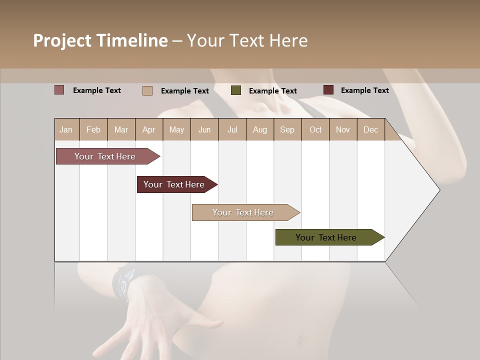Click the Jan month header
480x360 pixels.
point(66,129)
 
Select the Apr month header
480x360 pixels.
point(149,129)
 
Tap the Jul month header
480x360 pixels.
point(232,129)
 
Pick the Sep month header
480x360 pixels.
point(287,129)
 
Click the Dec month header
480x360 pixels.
point(370,129)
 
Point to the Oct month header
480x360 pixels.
point(315,129)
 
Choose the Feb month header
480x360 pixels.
point(93,129)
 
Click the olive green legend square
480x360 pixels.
point(236,90)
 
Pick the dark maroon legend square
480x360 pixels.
point(328,90)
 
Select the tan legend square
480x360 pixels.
point(147,90)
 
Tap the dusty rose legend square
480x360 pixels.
point(59,90)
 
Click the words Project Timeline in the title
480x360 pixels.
point(100,40)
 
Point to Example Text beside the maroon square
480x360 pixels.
point(364,90)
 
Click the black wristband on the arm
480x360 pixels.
point(123,282)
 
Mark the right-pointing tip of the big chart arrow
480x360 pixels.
point(439,190)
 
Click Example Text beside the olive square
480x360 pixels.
point(272,91)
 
